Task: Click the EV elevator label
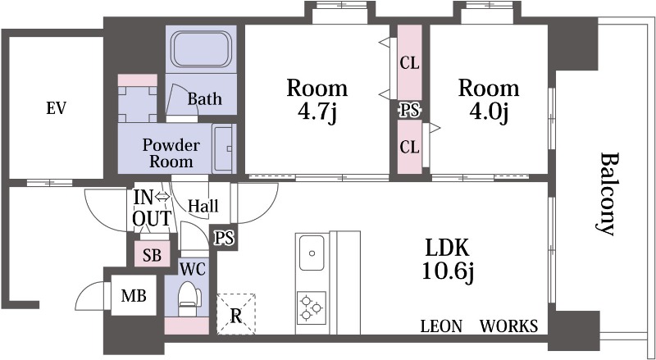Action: click(x=56, y=108)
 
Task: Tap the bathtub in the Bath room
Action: click(x=201, y=49)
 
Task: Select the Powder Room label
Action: click(x=171, y=153)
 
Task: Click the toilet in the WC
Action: click(x=189, y=298)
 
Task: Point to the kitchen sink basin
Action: click(x=312, y=253)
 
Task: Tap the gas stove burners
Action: click(x=312, y=308)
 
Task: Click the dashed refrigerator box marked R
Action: click(x=236, y=314)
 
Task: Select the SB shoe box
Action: click(x=153, y=254)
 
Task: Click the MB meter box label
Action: click(x=134, y=296)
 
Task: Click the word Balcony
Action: click(x=606, y=194)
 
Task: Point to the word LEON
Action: click(x=441, y=326)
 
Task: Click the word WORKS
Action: click(x=508, y=326)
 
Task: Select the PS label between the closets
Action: click(x=409, y=111)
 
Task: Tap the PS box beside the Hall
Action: click(x=224, y=238)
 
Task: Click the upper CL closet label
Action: click(x=409, y=63)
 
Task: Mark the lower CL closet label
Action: click(x=409, y=147)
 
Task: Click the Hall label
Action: click(x=203, y=206)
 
